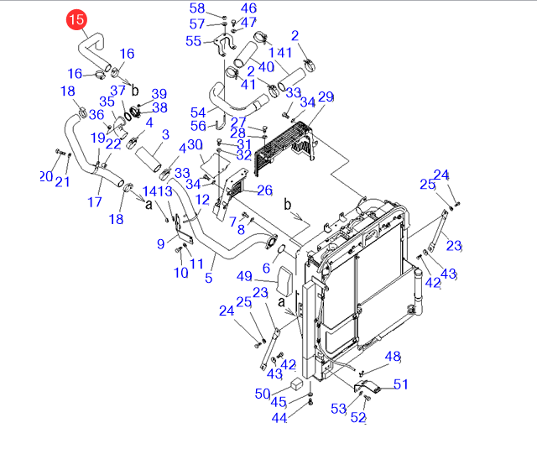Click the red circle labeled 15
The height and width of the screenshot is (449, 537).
(x=76, y=18)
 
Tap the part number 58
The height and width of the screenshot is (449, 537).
(x=196, y=8)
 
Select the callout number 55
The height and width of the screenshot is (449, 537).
(x=194, y=41)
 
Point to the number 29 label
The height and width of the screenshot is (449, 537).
(x=326, y=97)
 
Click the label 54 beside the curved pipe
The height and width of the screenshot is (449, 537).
(x=198, y=112)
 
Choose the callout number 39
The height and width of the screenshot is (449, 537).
(x=159, y=94)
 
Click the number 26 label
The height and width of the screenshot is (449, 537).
(x=264, y=191)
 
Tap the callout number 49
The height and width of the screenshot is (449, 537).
(x=244, y=277)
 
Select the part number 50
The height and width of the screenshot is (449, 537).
(x=262, y=394)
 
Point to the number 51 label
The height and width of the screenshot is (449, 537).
(x=400, y=384)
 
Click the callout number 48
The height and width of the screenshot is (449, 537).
(x=393, y=358)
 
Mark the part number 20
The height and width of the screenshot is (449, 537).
(x=45, y=175)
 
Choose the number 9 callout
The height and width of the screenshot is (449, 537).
(x=160, y=244)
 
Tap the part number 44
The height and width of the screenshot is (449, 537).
(x=279, y=417)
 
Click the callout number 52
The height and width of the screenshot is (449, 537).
(x=358, y=417)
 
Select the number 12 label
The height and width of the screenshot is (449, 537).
(x=202, y=200)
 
